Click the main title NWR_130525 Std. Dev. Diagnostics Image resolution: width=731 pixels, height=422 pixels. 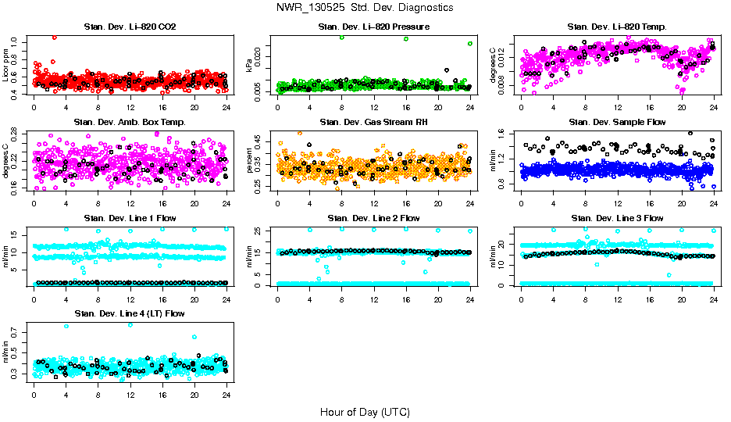click(x=365, y=7)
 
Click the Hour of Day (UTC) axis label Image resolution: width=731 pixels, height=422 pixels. click(x=365, y=411)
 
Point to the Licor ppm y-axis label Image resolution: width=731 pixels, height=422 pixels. click(x=6, y=66)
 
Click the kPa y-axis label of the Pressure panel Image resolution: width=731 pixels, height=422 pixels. click(x=250, y=66)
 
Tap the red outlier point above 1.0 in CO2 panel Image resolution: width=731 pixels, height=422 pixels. click(x=54, y=37)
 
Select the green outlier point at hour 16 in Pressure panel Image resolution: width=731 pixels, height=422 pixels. click(x=406, y=38)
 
